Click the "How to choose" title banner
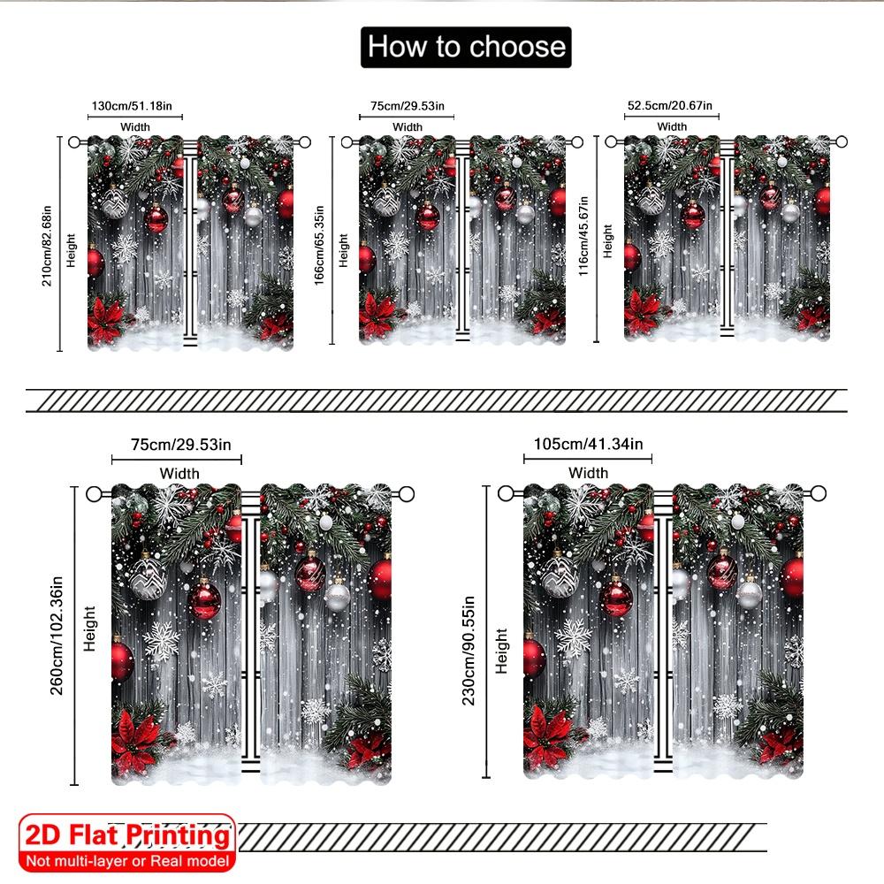pyautogui.click(x=466, y=46)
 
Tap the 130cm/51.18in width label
pyautogui.click(x=137, y=107)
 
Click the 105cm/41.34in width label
pyautogui.click(x=589, y=443)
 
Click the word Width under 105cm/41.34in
pyautogui.click(x=589, y=473)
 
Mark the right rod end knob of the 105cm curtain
pyautogui.click(x=819, y=493)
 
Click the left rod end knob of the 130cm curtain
pyautogui.click(x=74, y=141)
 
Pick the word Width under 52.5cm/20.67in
pyautogui.click(x=673, y=126)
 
